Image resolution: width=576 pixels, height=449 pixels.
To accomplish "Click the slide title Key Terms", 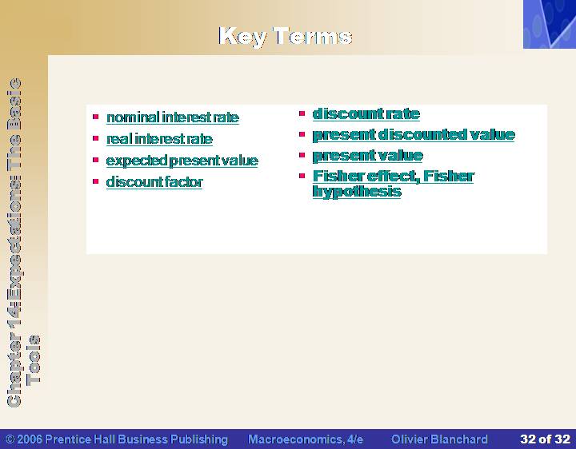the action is [x=286, y=36].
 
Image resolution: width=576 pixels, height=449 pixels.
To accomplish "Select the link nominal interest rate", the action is [x=173, y=117].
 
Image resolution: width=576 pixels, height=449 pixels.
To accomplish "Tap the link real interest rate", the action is [x=159, y=139].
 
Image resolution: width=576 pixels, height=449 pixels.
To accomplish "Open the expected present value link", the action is [x=182, y=161].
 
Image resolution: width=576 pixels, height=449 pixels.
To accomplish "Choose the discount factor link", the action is [x=154, y=182].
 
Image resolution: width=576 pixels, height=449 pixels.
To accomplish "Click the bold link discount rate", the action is [x=366, y=113].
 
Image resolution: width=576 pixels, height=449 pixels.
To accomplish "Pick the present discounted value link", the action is [x=414, y=135].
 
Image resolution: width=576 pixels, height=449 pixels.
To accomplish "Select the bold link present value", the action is [x=368, y=156].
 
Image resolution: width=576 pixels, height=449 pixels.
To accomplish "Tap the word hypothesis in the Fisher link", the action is [x=357, y=192].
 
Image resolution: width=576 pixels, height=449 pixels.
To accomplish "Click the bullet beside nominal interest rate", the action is [x=96, y=117].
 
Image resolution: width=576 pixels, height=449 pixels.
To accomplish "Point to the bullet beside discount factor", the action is [x=96, y=181].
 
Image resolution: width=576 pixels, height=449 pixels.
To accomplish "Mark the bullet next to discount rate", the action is [x=302, y=113].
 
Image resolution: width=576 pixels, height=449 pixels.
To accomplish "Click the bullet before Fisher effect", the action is [x=302, y=176].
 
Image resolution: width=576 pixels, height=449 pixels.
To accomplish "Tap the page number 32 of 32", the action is [x=545, y=439].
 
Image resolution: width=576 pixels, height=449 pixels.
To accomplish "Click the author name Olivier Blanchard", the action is [x=439, y=439].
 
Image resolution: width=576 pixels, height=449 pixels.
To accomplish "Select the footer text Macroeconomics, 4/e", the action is [x=306, y=439].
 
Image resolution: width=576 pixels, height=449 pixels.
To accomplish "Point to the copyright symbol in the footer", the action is [x=10, y=439].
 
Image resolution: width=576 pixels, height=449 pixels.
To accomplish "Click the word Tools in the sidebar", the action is [x=34, y=360].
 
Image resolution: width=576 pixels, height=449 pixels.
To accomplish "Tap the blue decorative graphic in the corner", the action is [x=550, y=24].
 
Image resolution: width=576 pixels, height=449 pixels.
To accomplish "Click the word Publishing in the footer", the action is [x=199, y=439].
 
